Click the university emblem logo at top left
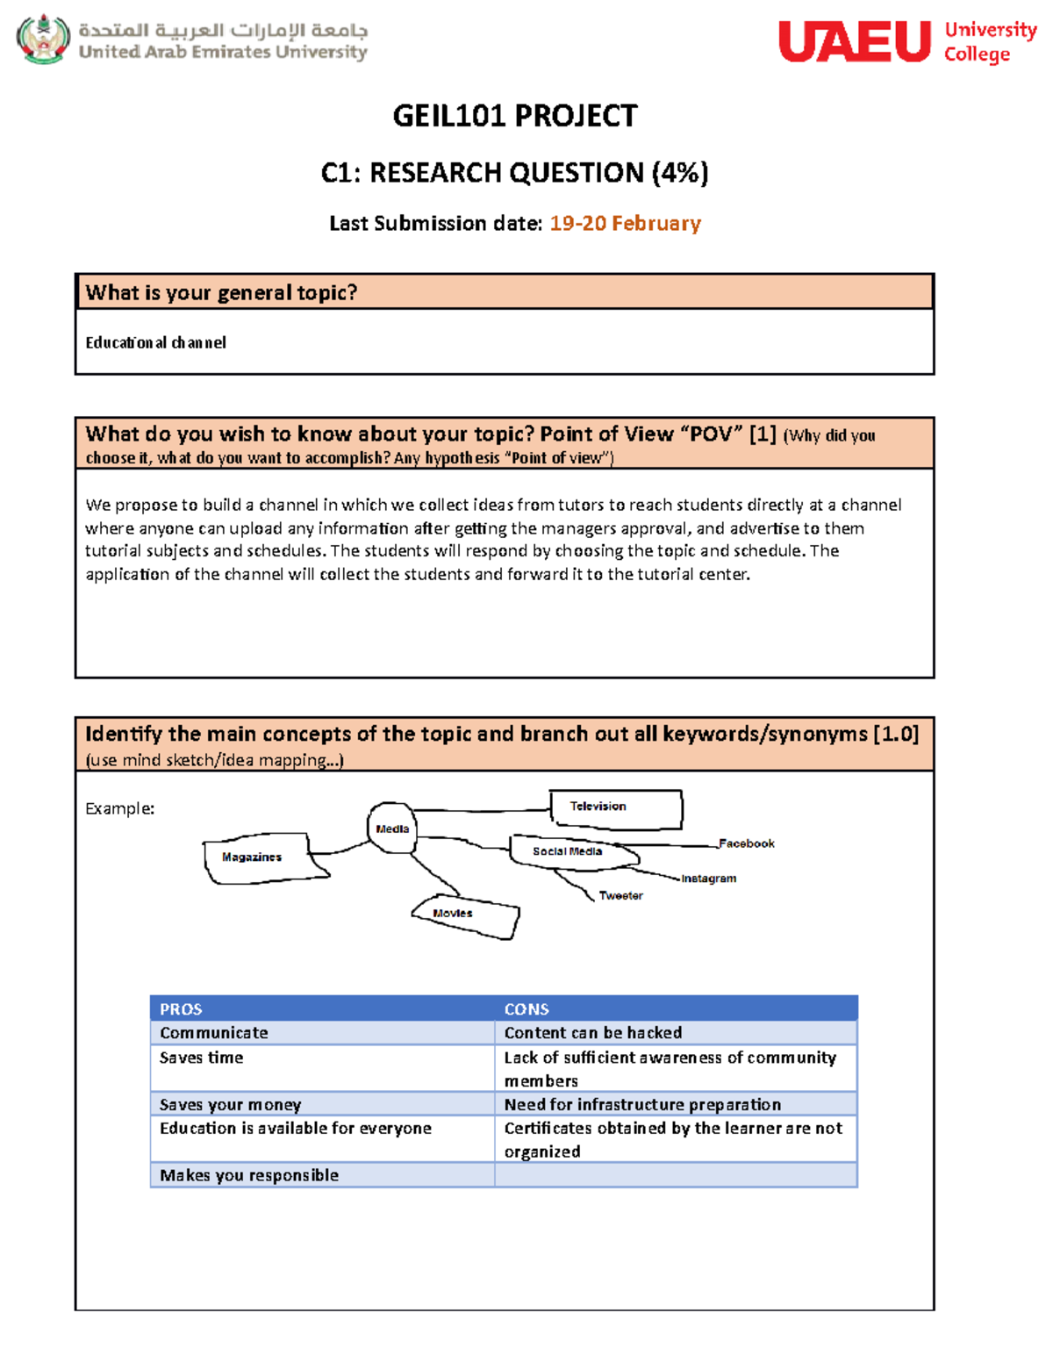[x=43, y=39]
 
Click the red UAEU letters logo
[x=854, y=41]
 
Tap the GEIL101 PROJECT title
[x=514, y=116]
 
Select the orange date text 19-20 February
[x=625, y=224]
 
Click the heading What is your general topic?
[x=221, y=292]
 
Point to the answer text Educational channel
[x=155, y=342]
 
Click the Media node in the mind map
[x=391, y=828]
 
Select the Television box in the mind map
[x=615, y=807]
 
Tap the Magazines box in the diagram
[x=254, y=857]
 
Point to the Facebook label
[x=746, y=843]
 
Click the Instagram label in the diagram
[x=708, y=879]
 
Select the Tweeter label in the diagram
[x=620, y=896]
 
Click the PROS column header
[x=181, y=1009]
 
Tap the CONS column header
[x=526, y=1009]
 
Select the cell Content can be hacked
[x=592, y=1033]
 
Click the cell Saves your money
[x=230, y=1104]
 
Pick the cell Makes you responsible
[x=248, y=1175]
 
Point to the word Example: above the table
[x=119, y=808]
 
